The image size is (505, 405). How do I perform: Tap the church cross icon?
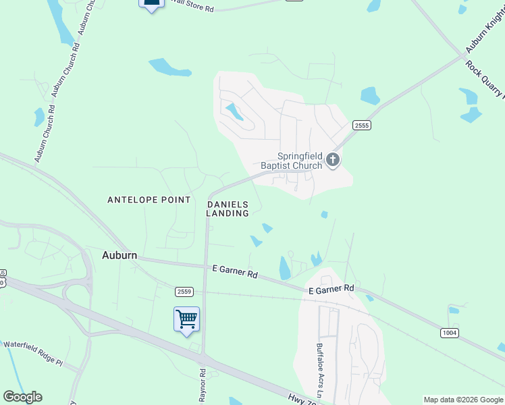pyautogui.click(x=332, y=160)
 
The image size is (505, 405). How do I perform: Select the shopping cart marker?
pyautogui.click(x=186, y=319)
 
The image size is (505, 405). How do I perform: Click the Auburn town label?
pyautogui.click(x=119, y=255)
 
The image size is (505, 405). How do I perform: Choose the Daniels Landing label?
pyautogui.click(x=228, y=209)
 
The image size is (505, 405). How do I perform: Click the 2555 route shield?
pyautogui.click(x=362, y=126)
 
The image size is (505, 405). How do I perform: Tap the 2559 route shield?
pyautogui.click(x=184, y=291)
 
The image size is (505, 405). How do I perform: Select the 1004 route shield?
pyautogui.click(x=450, y=333)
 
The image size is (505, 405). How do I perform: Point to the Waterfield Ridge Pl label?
pyautogui.click(x=33, y=353)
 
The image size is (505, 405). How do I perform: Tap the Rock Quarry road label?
pyautogui.click(x=484, y=79)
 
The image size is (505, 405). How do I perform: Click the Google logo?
pyautogui.click(x=22, y=397)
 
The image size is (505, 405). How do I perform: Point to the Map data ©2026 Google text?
pyautogui.click(x=463, y=400)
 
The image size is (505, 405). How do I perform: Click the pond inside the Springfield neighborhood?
pyautogui.click(x=235, y=111)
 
